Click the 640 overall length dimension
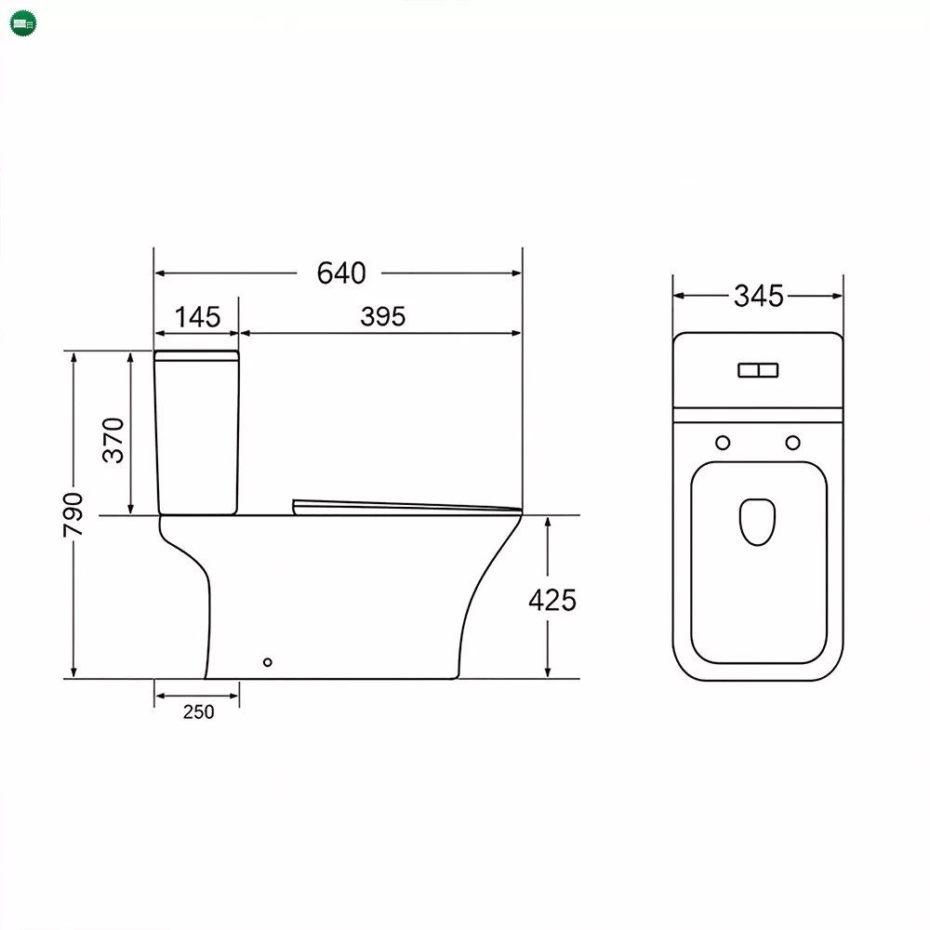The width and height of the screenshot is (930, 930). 341,272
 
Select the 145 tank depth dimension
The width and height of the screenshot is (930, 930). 197,317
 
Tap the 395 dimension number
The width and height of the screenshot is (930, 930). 382,317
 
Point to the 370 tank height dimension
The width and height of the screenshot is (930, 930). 113,440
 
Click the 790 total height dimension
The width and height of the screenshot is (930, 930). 73,514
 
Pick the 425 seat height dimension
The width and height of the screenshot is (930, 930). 552,600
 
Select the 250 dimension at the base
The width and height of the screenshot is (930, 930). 198,711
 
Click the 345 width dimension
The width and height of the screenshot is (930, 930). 759,296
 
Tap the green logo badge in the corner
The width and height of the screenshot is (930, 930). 23,24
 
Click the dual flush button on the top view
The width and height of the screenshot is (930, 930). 758,370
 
